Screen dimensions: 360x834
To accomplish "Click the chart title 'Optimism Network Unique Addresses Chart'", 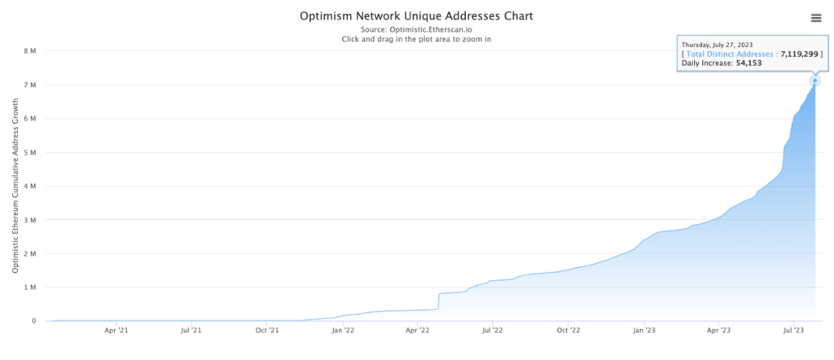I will [417, 16].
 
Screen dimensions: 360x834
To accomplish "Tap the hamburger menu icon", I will [816, 18].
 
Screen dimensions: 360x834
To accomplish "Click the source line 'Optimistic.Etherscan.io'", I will [417, 29].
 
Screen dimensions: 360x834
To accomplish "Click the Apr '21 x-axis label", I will [116, 331].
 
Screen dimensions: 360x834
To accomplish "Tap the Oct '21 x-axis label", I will [267, 331].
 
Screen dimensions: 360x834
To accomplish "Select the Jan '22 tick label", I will [343, 331].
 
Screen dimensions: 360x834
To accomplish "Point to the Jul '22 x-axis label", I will [492, 331].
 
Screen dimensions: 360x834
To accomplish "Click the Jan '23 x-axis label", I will [643, 331].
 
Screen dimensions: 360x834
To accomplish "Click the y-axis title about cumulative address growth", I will [15, 186].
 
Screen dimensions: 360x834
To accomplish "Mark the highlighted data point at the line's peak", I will [815, 81].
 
